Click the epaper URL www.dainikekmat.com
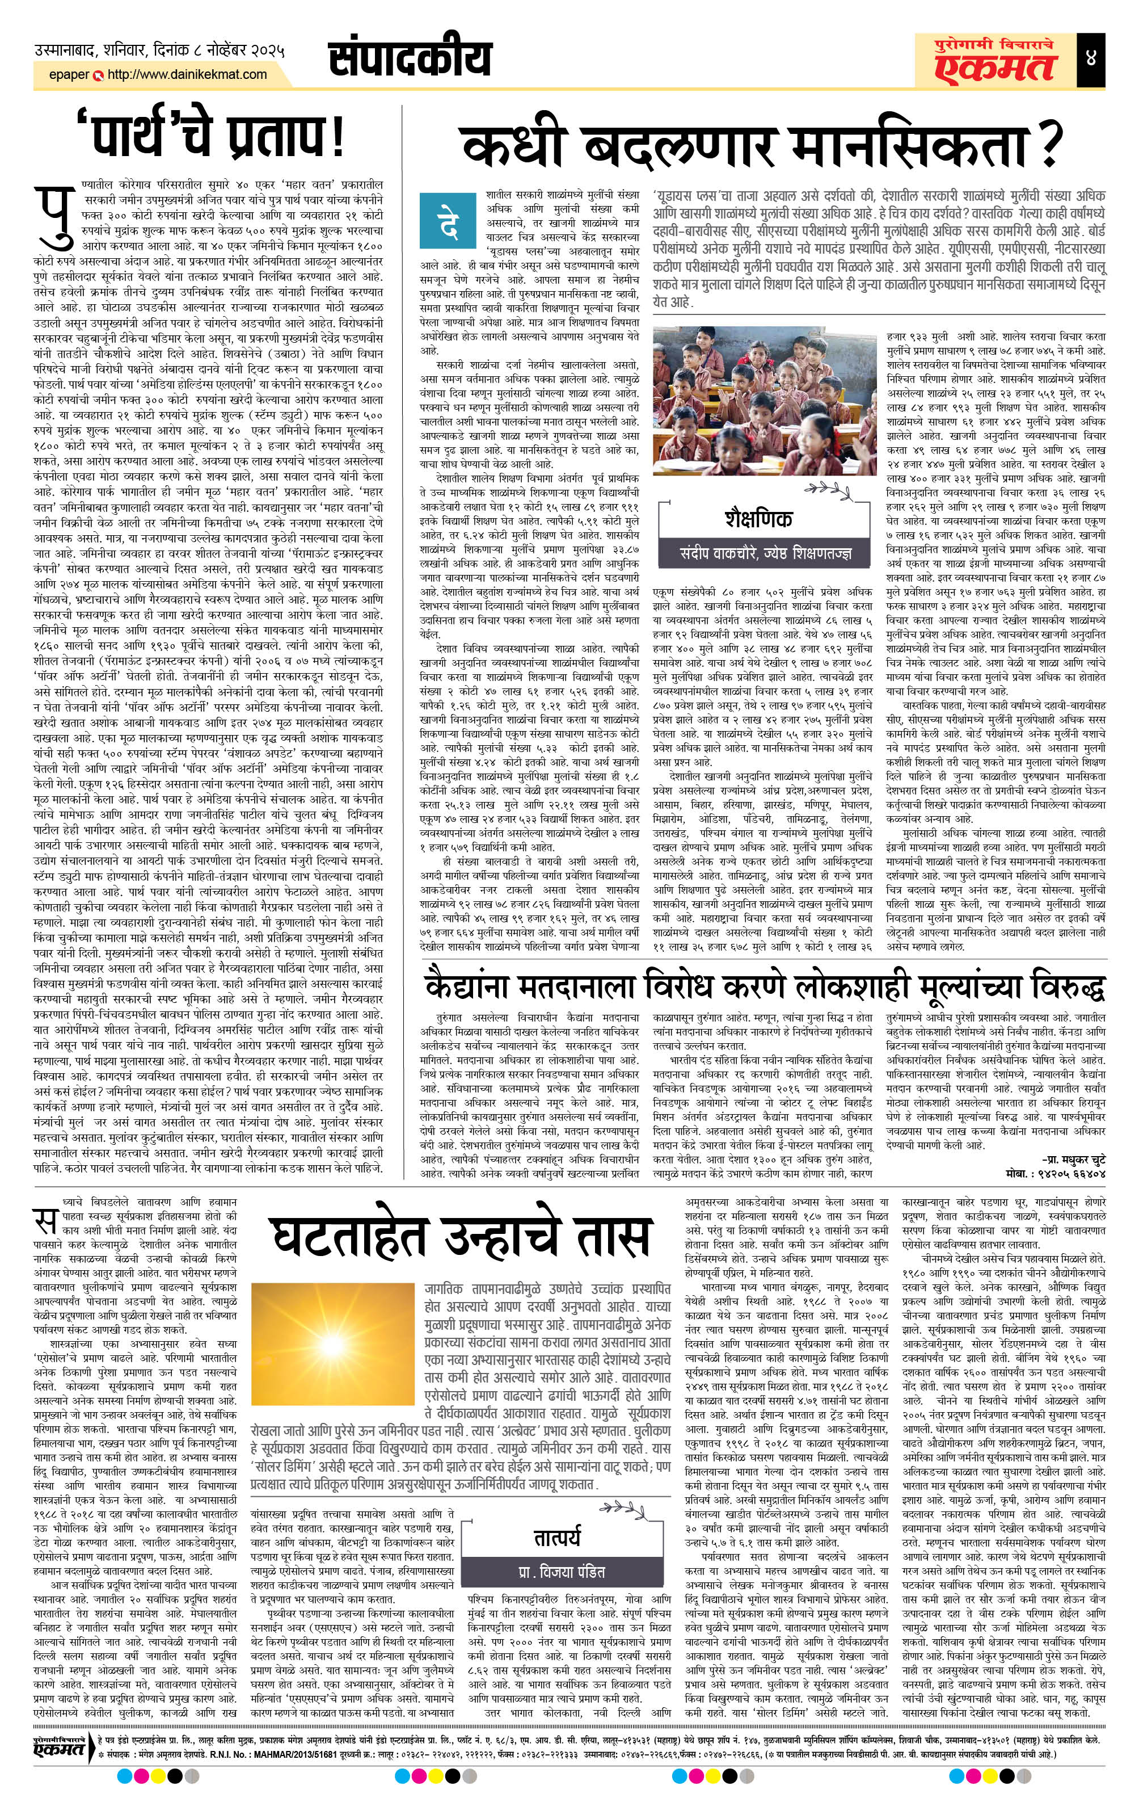(187, 74)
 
